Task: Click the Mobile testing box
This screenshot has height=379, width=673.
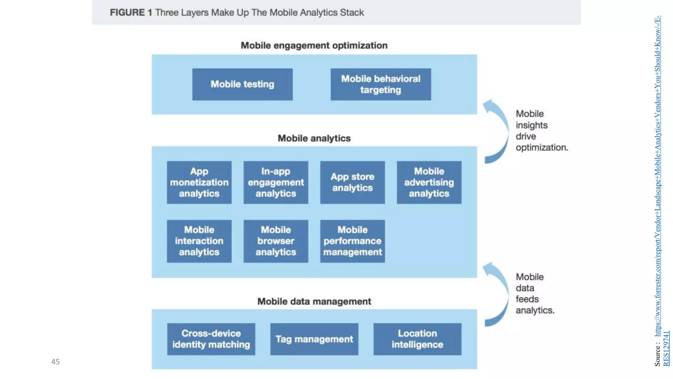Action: [242, 84]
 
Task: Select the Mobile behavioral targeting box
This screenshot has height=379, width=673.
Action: [381, 84]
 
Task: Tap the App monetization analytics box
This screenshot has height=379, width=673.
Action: [199, 182]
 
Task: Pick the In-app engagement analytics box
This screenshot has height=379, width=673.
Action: [276, 182]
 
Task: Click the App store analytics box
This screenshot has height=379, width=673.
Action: [352, 182]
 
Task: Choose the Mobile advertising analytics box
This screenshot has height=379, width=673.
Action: [429, 182]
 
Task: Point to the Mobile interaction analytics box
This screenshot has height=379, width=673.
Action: [199, 241]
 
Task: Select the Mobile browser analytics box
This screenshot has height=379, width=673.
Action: [276, 241]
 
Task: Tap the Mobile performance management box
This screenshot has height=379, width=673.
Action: [352, 241]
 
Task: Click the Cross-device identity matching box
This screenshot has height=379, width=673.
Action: [211, 339]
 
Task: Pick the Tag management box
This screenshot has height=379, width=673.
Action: [314, 339]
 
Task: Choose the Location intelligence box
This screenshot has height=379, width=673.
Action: [417, 339]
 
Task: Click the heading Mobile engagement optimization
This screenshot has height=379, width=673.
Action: [314, 45]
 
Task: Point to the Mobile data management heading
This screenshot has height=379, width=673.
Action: [314, 301]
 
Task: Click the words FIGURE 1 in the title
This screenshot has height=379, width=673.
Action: [131, 13]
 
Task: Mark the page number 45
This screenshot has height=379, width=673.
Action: [56, 362]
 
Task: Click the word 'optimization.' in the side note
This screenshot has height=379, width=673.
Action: [542, 147]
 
